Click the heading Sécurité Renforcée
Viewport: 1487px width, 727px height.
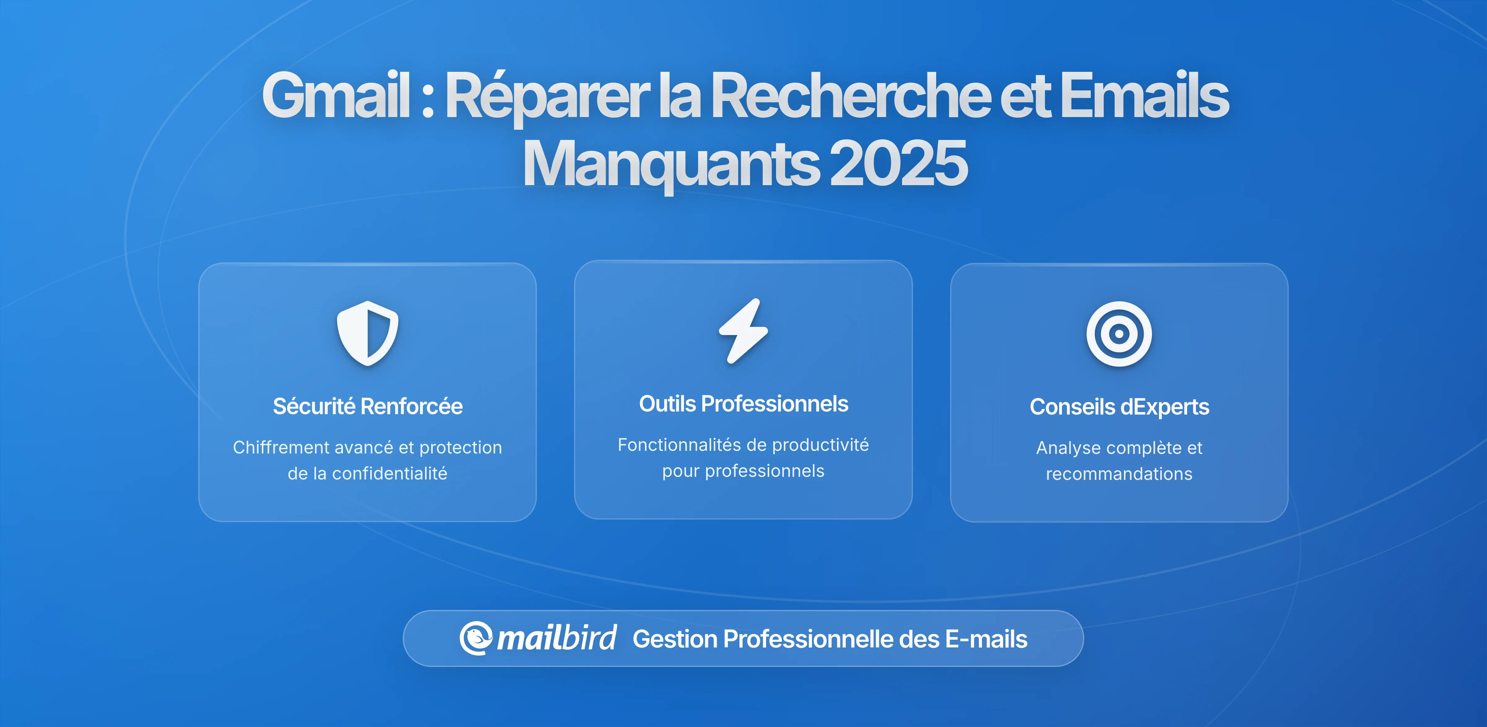(x=368, y=406)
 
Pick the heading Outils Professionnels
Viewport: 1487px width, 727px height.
(x=743, y=404)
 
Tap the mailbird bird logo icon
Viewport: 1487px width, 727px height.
(x=476, y=638)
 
